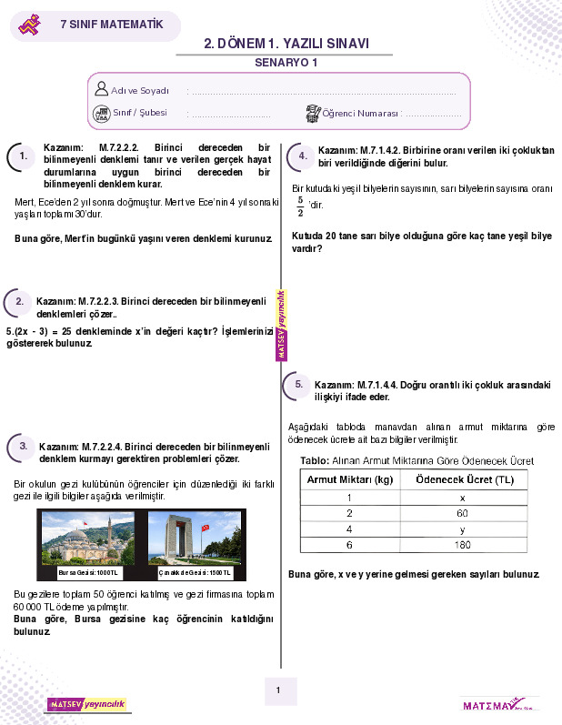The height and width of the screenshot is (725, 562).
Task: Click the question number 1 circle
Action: point(23,157)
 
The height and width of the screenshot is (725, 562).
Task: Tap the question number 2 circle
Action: point(19,302)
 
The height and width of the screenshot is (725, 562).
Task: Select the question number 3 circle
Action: point(22,446)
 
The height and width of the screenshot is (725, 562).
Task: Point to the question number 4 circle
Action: point(303,156)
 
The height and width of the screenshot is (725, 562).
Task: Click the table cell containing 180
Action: point(462,544)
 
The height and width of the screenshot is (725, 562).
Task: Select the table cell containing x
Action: point(462,498)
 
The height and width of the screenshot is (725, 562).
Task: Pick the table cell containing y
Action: point(462,529)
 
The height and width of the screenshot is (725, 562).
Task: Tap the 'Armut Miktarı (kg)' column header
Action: point(349,479)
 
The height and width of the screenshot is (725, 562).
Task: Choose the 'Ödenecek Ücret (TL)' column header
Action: point(462,479)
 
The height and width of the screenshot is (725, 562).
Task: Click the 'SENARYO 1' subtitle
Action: point(286,64)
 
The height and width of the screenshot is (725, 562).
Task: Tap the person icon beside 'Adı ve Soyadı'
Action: point(101,89)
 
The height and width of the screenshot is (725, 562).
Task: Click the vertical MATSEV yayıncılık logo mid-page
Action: point(282,326)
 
